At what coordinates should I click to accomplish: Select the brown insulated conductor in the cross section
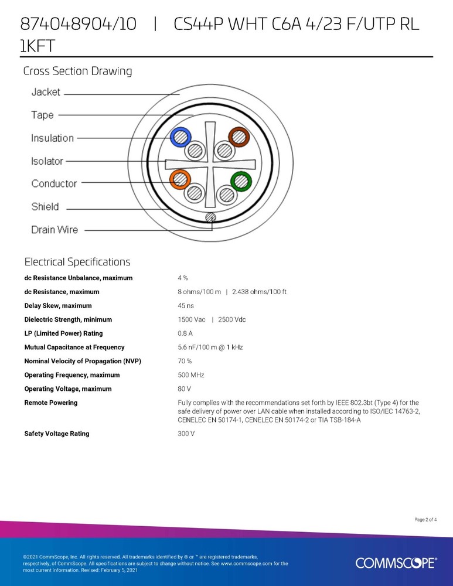(239, 137)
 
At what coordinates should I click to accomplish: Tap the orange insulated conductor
(180, 178)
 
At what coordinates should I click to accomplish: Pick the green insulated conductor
(240, 180)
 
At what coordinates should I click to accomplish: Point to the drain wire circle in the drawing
(210, 218)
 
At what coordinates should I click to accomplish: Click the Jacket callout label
(46, 92)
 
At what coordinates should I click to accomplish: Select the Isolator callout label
(47, 161)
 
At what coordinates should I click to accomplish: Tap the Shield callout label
(45, 206)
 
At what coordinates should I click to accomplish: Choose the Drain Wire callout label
(55, 230)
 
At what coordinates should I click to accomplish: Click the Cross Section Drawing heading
(77, 71)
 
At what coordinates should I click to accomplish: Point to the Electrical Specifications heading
(77, 262)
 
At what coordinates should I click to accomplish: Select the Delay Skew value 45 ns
(186, 306)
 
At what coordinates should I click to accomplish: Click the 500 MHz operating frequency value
(190, 375)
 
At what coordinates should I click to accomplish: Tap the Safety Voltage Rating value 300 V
(186, 434)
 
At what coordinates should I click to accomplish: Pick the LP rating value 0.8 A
(185, 333)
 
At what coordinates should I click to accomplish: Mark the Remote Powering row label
(51, 403)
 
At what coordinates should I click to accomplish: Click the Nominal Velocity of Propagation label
(83, 361)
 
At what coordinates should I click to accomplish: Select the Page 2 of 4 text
(425, 519)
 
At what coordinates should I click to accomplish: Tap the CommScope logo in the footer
(396, 563)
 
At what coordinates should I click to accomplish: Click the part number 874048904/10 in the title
(79, 25)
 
